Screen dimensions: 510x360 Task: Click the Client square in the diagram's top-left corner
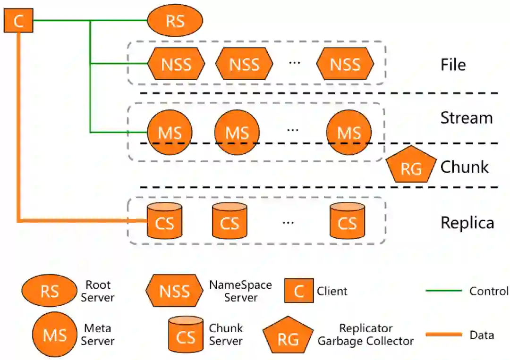[x=18, y=20]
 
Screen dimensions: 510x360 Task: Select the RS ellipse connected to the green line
[x=175, y=20]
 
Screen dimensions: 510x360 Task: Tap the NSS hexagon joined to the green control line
[x=176, y=64]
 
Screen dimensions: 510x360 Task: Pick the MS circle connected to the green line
[x=170, y=132]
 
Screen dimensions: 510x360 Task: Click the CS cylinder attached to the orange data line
[x=165, y=221]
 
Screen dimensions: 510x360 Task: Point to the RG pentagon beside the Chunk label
[x=411, y=164]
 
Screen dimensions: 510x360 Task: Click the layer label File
[x=453, y=65]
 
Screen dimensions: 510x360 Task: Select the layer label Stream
[x=467, y=117]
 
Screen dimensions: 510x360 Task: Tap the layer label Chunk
[x=465, y=167]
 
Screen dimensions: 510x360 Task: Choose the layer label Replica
[x=467, y=223]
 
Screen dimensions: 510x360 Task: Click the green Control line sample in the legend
[x=443, y=291]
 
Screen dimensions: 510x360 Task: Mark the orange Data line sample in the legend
[x=443, y=334]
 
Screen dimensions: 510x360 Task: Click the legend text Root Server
[x=98, y=291]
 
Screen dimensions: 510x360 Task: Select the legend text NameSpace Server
[x=241, y=291]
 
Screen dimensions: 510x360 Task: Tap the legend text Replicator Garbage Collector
[x=365, y=335]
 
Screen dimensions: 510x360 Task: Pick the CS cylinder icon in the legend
[x=186, y=335]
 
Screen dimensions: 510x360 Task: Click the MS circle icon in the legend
[x=55, y=335]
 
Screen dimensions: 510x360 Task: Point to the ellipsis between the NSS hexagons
[x=295, y=62]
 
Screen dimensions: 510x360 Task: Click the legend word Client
[x=332, y=291]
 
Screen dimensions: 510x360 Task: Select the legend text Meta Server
[x=98, y=335]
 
